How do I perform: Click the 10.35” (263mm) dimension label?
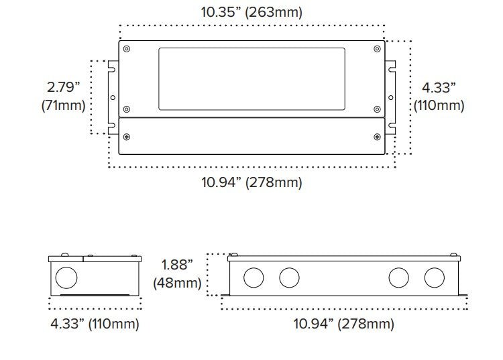[251, 13]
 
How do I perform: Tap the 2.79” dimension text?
[63, 87]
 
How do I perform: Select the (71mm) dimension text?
[63, 105]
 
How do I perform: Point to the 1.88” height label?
[177, 265]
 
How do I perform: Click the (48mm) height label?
[177, 283]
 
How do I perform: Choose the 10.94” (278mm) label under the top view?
[251, 182]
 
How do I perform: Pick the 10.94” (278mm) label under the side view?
[344, 323]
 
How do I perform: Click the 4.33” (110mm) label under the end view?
[95, 323]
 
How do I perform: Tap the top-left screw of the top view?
[127, 49]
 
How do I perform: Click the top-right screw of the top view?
[377, 49]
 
